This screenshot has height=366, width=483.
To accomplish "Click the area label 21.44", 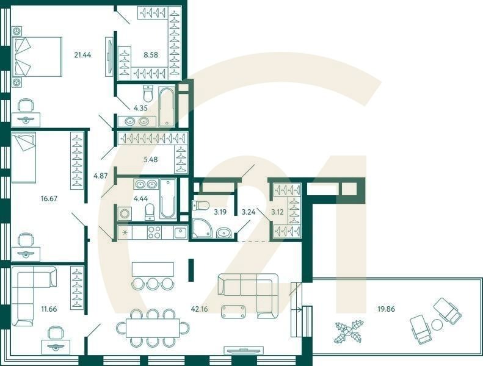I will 82,54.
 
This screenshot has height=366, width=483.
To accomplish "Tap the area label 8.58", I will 150,54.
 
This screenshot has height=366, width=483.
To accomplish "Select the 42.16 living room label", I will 199,309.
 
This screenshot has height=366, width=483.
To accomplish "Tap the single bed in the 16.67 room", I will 24,157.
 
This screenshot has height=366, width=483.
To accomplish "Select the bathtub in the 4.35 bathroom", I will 167,107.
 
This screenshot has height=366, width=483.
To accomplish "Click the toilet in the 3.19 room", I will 202,206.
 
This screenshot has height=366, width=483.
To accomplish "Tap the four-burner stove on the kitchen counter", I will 154,232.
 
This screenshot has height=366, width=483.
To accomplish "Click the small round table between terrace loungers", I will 437,323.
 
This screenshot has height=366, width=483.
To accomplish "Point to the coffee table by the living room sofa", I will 233,311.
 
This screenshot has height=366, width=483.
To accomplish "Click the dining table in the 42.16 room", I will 153,328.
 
